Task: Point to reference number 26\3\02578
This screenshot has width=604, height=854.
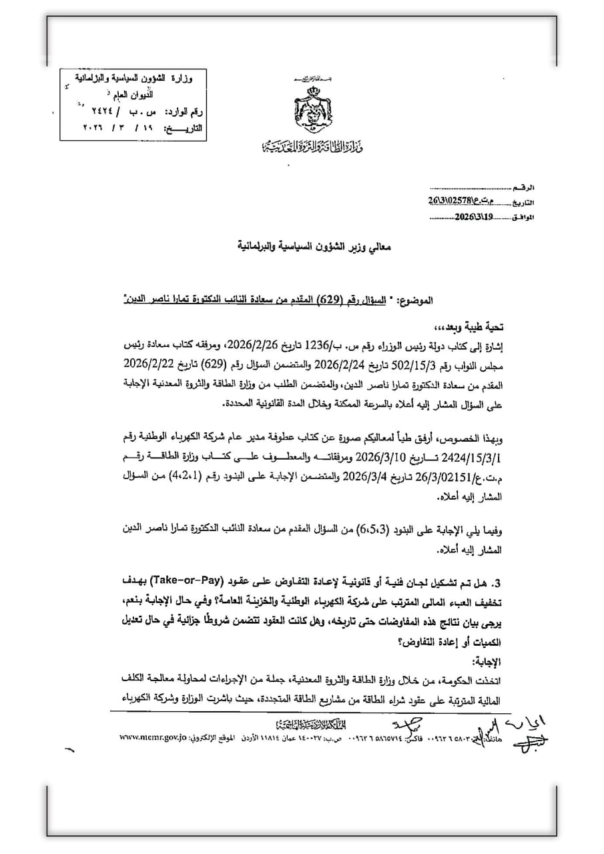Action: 456,201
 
